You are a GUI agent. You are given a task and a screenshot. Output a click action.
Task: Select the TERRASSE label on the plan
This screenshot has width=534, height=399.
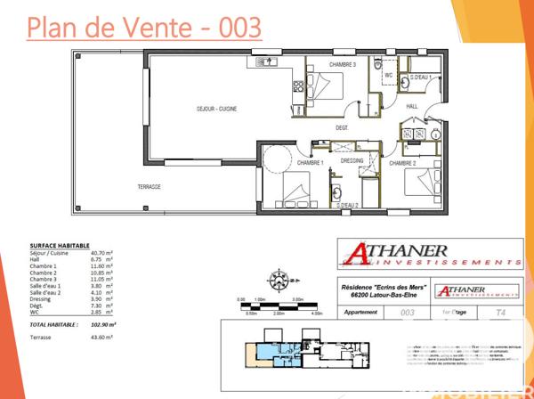pyautogui.click(x=149, y=186)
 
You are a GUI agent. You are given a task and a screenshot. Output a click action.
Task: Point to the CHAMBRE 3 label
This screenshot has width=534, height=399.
pyautogui.click(x=342, y=65)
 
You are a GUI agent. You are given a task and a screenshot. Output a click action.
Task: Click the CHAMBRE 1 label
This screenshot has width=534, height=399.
pyautogui.click(x=309, y=163)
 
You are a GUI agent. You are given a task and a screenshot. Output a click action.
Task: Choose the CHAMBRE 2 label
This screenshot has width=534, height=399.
pyautogui.click(x=402, y=163)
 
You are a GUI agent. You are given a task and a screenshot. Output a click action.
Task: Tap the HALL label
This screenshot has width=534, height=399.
pyautogui.click(x=411, y=106)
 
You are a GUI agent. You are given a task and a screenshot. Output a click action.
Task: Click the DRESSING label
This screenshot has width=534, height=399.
pyautogui.click(x=352, y=160)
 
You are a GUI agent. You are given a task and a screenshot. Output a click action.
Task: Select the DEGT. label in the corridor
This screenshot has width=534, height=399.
pyautogui.click(x=341, y=127)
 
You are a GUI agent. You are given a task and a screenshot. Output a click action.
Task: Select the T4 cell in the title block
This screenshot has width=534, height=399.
pyautogui.click(x=501, y=313)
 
